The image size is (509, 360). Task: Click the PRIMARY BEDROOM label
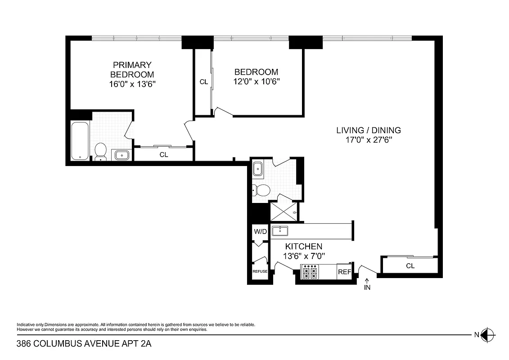132,70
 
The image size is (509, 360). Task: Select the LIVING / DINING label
368,130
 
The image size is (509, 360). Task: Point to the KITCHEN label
304,247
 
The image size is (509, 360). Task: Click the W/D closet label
260,232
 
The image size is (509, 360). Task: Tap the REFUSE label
260,271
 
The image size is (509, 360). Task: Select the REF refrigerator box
344,272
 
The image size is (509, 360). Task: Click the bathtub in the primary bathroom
80,141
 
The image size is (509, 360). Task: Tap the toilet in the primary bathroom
100,152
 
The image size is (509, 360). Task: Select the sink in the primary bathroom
122,155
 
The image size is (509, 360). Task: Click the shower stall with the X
284,212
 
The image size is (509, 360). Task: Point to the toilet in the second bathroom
261,190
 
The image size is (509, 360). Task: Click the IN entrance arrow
367,285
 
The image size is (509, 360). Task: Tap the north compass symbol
487,334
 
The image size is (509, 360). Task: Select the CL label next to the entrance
410,266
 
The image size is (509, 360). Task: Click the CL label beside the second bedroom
203,82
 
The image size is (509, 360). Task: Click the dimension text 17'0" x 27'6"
368,140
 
